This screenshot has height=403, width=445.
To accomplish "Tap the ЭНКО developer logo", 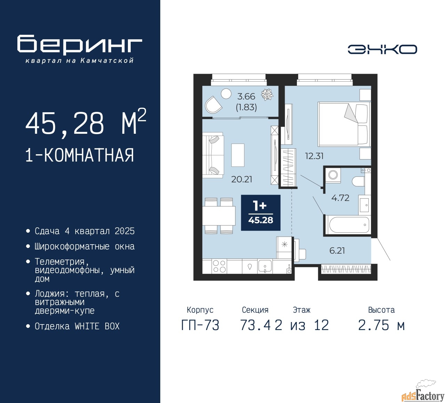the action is click(382, 49).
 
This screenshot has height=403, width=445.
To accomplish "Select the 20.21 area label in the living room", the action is click(242, 179).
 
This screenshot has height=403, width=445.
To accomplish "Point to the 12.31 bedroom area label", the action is click(314, 156).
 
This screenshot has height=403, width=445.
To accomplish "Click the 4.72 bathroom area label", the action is click(340, 198).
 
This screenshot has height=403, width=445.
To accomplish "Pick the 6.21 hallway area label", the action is click(337, 250).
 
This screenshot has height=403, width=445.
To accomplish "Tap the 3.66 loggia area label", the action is click(246, 97).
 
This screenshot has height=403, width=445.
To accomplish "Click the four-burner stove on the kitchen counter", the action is click(219, 266).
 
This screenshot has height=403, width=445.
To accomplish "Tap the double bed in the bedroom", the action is click(344, 124).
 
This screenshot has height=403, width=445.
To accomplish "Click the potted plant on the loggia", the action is click(267, 94).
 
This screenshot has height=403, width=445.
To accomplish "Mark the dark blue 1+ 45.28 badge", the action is click(261, 213).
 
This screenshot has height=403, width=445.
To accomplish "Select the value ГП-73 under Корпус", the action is click(200, 325).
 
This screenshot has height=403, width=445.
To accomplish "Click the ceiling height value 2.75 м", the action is click(381, 325).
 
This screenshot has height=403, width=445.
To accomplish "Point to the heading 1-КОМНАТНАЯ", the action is click(80, 155).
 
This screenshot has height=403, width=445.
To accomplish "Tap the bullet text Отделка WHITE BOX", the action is click(77, 326).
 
